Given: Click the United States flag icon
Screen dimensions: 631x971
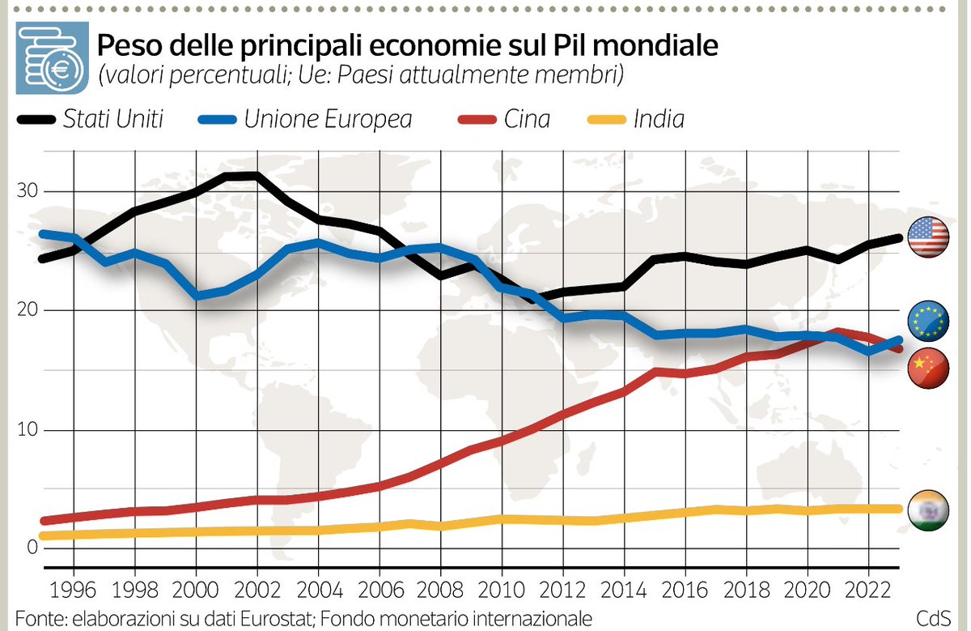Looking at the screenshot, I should pyautogui.click(x=929, y=238).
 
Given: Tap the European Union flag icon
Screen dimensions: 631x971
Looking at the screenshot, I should pyautogui.click(x=929, y=320).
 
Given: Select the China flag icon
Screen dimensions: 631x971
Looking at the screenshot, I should pyautogui.click(x=929, y=369).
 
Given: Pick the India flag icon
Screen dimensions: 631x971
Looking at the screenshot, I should pyautogui.click(x=929, y=511).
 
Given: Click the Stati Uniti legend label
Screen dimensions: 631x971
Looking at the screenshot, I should pyautogui.click(x=113, y=120).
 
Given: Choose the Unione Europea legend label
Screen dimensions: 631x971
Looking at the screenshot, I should pyautogui.click(x=328, y=120).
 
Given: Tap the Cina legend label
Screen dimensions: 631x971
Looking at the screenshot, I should pyautogui.click(x=526, y=120).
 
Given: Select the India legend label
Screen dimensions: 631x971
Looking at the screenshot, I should pyautogui.click(x=659, y=120).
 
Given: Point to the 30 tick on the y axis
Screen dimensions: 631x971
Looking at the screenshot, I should pyautogui.click(x=28, y=191).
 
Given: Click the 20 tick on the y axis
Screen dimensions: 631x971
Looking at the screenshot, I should pyautogui.click(x=28, y=310).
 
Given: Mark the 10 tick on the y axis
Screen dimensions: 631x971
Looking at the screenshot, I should pyautogui.click(x=28, y=429).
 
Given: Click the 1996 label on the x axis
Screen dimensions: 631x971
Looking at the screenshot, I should pyautogui.click(x=74, y=587).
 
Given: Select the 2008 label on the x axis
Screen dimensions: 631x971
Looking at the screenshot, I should pyautogui.click(x=440, y=587).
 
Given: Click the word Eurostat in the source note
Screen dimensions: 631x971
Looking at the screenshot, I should pyautogui.click(x=278, y=617).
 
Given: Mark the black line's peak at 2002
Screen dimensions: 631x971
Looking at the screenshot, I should pyautogui.click(x=257, y=175).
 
